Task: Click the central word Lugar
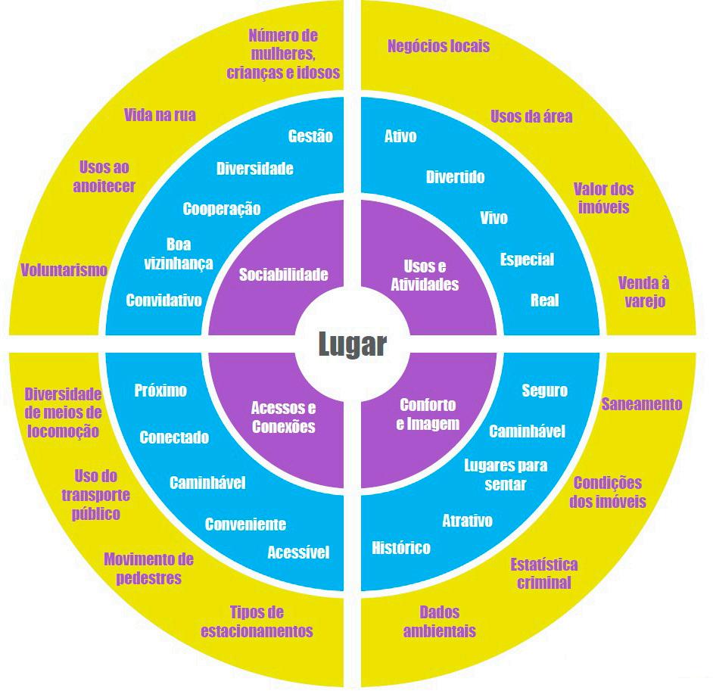352,345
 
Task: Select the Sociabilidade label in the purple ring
284,274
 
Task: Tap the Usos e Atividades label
431,275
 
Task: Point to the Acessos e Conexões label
283,417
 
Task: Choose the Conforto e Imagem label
428,414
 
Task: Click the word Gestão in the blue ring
310,136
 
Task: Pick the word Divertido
455,177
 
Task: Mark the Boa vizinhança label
179,254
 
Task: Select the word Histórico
401,547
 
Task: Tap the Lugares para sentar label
505,475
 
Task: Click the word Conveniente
245,524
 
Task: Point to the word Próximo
160,391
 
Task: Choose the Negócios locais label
438,46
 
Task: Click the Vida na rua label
160,115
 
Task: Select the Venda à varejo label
644,291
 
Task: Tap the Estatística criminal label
543,573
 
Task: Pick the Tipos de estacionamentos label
257,621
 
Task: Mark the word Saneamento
642,404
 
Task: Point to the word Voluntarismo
64,269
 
